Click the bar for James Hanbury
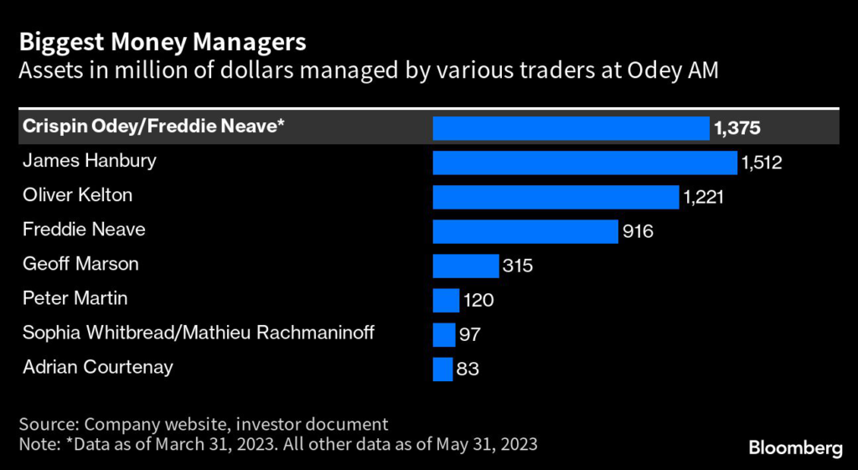584,163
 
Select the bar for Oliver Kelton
556,197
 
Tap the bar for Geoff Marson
465,266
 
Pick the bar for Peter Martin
446,300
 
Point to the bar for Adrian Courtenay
442,369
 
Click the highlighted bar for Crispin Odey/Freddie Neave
571,128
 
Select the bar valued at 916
525,231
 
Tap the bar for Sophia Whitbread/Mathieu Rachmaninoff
443,334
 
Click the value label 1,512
761,163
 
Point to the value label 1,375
738,128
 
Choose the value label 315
517,266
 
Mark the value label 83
468,369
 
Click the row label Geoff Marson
80,264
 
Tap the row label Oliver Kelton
78,195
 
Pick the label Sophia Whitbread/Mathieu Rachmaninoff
199,333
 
